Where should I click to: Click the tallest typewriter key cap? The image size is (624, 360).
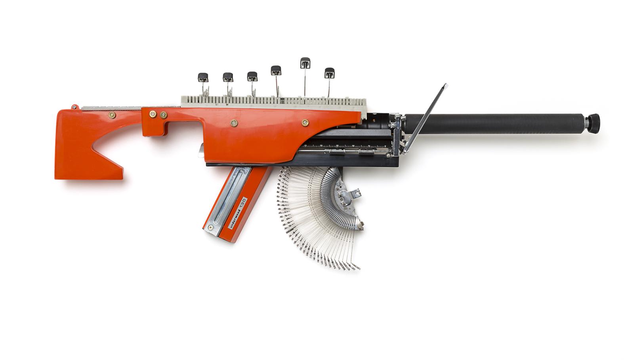click(305, 63)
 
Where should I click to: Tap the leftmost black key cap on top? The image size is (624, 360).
click(203, 77)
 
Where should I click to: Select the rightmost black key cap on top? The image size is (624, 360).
click(329, 72)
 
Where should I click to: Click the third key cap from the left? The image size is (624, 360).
click(252, 76)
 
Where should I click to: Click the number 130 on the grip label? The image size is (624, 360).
click(242, 202)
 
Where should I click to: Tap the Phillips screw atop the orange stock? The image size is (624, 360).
click(74, 107)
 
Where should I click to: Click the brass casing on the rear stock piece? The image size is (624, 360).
click(112, 115)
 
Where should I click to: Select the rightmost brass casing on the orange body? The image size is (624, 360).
click(305, 122)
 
